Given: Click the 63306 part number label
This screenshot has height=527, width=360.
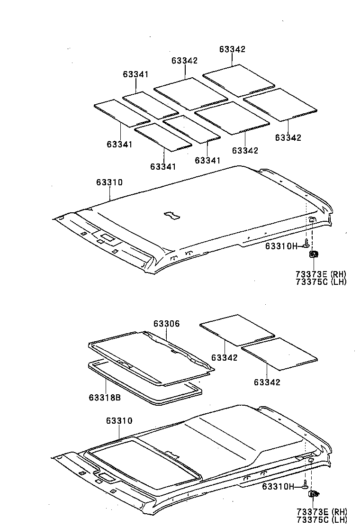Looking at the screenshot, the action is pyautogui.click(x=167, y=323).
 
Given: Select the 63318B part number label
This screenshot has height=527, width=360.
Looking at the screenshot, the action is pyautogui.click(x=105, y=397).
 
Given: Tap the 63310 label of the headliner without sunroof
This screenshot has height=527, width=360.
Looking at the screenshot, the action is pyautogui.click(x=109, y=182).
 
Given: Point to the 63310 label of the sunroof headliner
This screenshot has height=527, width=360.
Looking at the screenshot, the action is pyautogui.click(x=119, y=420).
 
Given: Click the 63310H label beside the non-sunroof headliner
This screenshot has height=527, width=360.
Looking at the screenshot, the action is pyautogui.click(x=281, y=246).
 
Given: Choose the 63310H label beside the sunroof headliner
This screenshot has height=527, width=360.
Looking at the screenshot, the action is pyautogui.click(x=278, y=486).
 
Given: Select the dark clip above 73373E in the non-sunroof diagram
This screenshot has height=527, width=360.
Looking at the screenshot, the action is pyautogui.click(x=314, y=254).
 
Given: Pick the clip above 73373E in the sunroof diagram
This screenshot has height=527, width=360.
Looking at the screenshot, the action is pyautogui.click(x=314, y=494).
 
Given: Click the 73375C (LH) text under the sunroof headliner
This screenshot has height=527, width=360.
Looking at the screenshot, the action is pyautogui.click(x=322, y=520).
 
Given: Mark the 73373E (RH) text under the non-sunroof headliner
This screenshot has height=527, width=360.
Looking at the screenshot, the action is pyautogui.click(x=321, y=274).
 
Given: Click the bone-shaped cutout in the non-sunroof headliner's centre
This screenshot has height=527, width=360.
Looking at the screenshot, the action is pyautogui.click(x=171, y=216).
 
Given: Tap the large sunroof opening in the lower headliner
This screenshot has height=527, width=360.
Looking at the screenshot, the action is pyautogui.click(x=143, y=464).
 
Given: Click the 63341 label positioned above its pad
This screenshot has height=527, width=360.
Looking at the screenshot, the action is pyautogui.click(x=135, y=74).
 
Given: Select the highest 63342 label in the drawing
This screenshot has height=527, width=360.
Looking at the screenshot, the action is pyautogui.click(x=232, y=49).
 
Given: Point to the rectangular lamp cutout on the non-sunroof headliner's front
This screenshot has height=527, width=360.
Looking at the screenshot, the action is pyautogui.click(x=108, y=237).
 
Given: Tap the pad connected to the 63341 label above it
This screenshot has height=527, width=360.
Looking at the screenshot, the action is pyautogui.click(x=151, y=105).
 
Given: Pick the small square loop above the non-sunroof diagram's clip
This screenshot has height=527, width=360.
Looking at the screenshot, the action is pyautogui.click(x=312, y=220).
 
